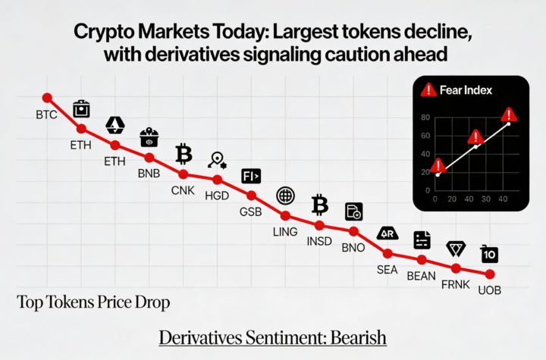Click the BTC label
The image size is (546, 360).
pyautogui.click(x=46, y=115)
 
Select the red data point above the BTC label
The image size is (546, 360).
pyautogui.click(x=47, y=98)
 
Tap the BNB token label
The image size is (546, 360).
pyautogui.click(x=149, y=174)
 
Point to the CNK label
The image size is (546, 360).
pyautogui.click(x=184, y=190)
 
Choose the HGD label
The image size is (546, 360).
pyautogui.click(x=218, y=196)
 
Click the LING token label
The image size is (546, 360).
pyautogui.click(x=285, y=231)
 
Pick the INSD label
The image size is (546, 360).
pyautogui.click(x=319, y=242)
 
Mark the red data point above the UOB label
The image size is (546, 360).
pyautogui.click(x=490, y=274)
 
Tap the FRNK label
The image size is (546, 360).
pyautogui.click(x=456, y=285)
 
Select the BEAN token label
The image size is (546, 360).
pyautogui.click(x=422, y=275)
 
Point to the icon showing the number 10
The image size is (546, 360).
pyautogui.click(x=490, y=254)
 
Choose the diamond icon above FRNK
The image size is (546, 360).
pyautogui.click(x=457, y=249)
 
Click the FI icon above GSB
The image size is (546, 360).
pyautogui.click(x=251, y=177)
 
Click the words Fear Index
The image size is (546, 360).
pyautogui.click(x=466, y=90)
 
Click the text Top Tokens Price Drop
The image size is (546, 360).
pyautogui.click(x=93, y=302)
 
